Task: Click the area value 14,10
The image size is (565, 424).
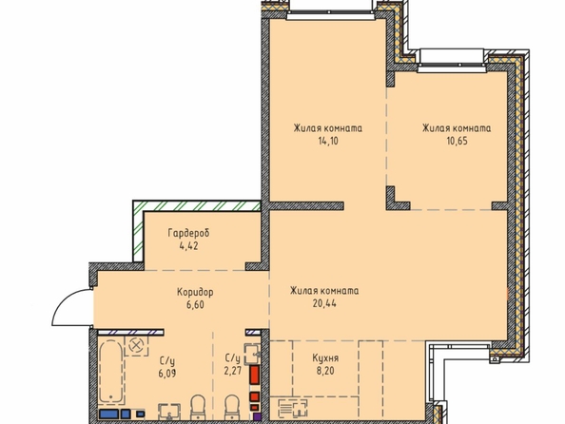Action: coord(328,141)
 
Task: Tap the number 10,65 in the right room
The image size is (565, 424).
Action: coord(457,141)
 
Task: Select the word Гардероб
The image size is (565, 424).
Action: coord(188,234)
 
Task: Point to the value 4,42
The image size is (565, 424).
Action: coord(188,246)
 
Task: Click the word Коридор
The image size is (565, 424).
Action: coord(195,292)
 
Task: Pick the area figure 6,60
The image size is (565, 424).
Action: coord(195,305)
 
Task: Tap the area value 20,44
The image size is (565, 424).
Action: coord(324,303)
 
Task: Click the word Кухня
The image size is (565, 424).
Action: coord(325,358)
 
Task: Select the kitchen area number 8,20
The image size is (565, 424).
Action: coord(325,371)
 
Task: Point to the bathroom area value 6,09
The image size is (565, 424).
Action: coord(167,374)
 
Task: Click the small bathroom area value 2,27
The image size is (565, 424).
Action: coord(232,371)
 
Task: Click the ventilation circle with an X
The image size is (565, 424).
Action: coord(136,346)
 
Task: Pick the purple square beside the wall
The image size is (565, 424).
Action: coord(256,417)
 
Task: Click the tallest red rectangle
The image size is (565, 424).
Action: coord(254,375)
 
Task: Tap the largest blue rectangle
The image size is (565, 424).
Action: coord(108,414)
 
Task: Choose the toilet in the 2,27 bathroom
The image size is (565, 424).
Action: coord(232,408)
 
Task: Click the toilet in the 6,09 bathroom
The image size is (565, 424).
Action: coord(198,408)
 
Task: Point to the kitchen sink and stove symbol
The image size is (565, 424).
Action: coord(293,409)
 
